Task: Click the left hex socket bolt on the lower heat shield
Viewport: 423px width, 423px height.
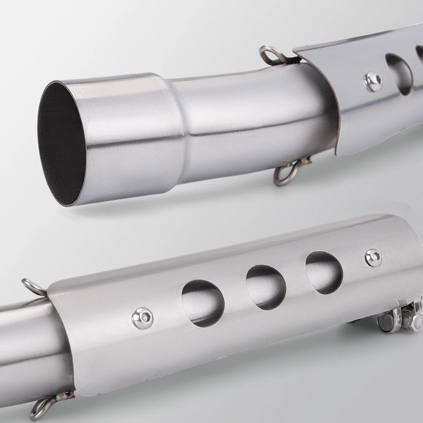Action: click(143, 318)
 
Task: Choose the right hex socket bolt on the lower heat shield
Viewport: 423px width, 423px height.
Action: click(374, 258)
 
